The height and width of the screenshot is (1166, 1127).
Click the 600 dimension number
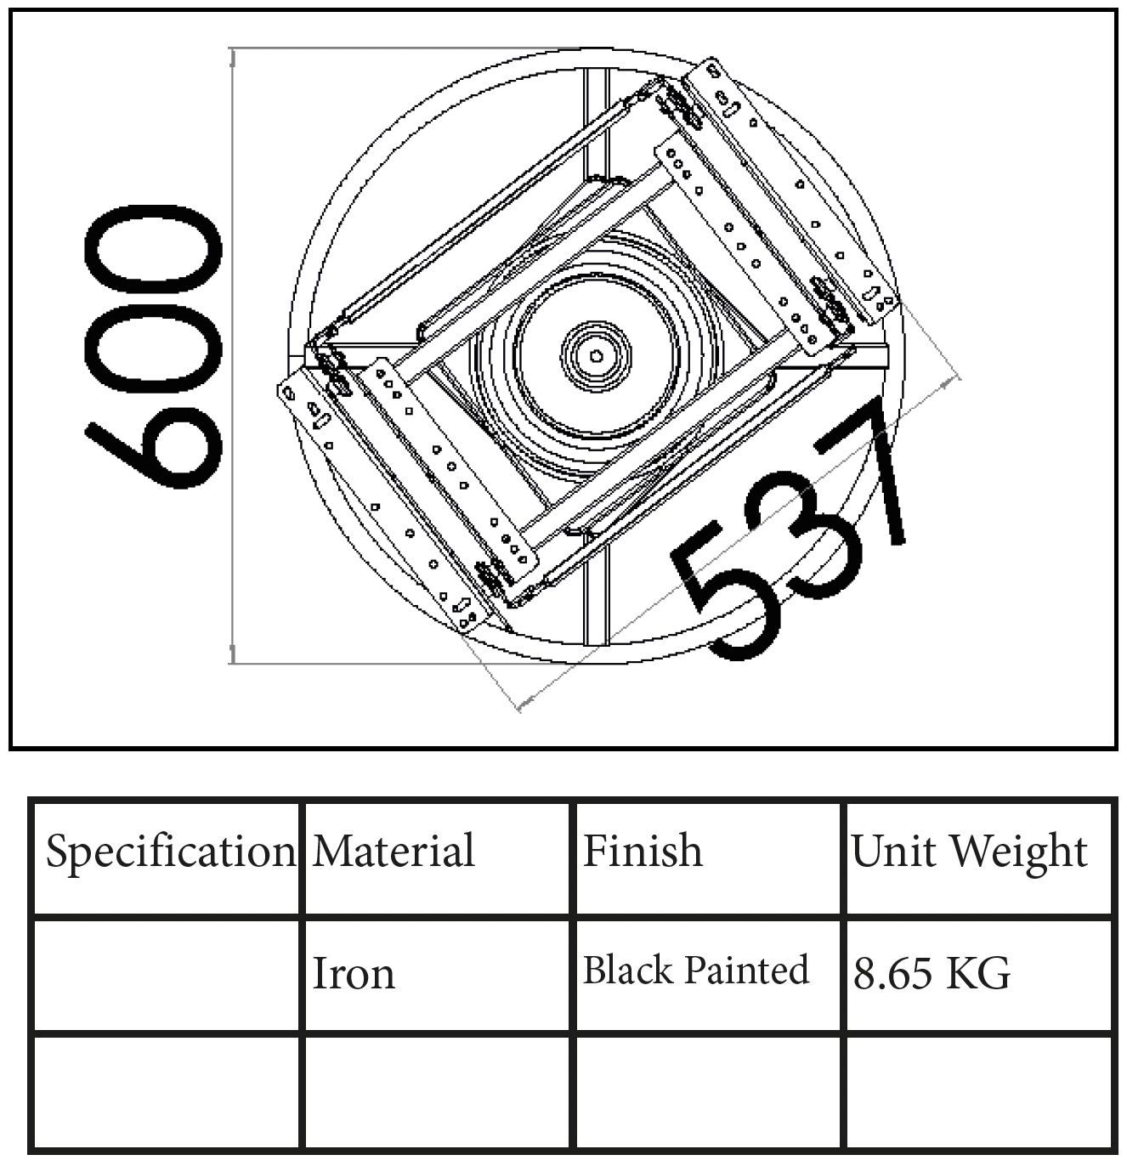[x=153, y=347]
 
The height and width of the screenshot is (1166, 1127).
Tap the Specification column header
[x=171, y=851]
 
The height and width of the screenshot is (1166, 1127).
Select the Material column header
[x=394, y=850]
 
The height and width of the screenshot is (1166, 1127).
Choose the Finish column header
[x=643, y=850]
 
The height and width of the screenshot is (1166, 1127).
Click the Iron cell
[x=354, y=973]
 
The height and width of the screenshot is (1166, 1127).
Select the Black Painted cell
[x=695, y=970]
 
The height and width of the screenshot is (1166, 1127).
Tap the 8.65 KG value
[x=932, y=973]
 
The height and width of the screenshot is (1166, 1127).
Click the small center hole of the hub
[x=596, y=356]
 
